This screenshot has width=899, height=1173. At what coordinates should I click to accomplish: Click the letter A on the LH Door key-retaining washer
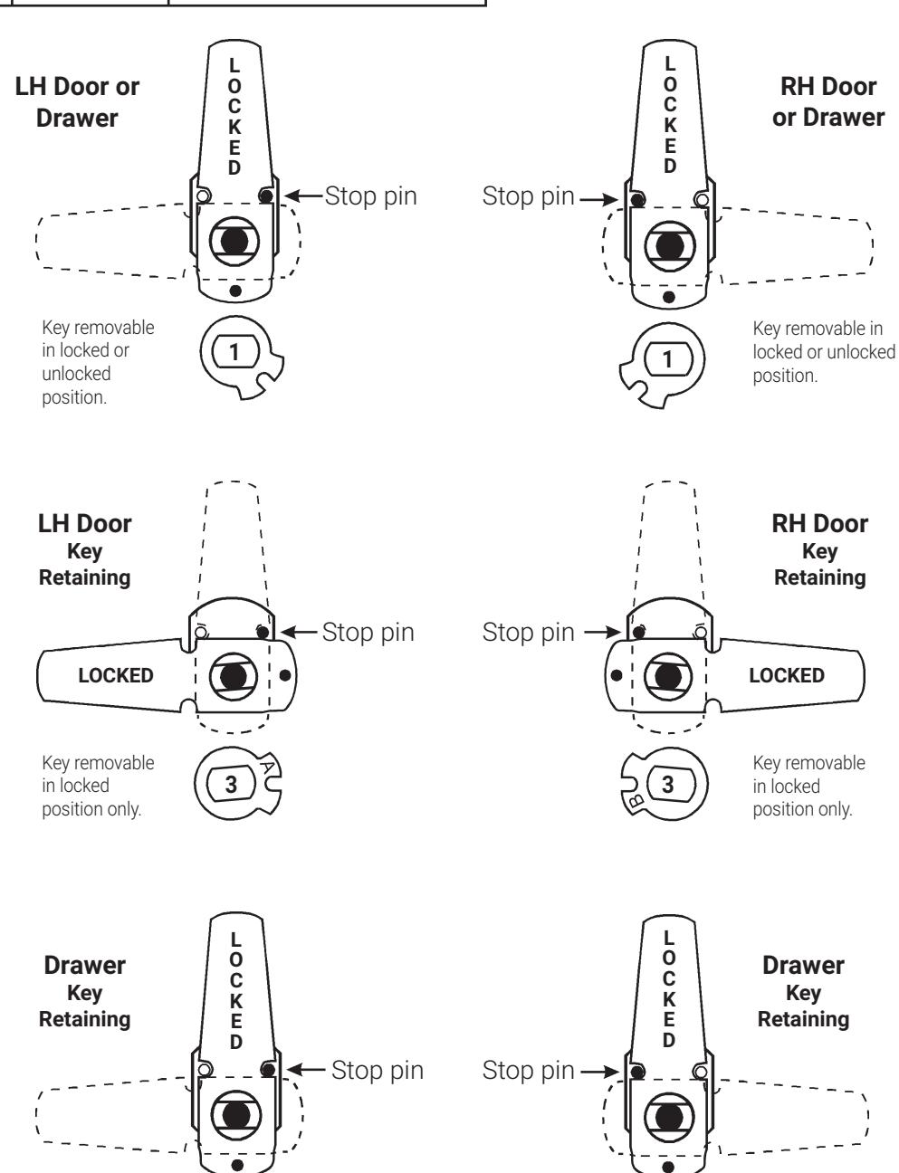click(268, 767)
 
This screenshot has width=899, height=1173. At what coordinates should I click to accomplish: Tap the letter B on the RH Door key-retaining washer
click(636, 800)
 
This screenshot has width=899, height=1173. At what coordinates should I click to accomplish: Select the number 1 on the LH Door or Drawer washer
click(234, 352)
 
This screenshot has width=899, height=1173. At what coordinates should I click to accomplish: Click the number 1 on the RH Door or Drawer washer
click(668, 359)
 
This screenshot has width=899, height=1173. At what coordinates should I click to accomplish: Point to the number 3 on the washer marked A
click(231, 785)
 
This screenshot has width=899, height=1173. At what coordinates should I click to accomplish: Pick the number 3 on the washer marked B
click(668, 785)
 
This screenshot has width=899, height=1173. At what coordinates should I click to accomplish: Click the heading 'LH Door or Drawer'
click(77, 102)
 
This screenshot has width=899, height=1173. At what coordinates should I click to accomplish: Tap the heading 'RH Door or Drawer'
click(828, 102)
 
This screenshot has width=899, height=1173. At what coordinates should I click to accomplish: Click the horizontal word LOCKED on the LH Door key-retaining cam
click(116, 675)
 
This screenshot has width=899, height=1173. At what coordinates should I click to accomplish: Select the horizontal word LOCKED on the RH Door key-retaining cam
click(787, 675)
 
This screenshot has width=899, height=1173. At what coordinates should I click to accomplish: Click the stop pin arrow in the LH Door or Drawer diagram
click(303, 195)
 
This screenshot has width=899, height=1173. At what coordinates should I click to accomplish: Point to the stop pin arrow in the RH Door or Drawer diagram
click(598, 199)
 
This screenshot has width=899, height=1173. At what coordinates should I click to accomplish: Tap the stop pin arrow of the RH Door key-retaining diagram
click(603, 632)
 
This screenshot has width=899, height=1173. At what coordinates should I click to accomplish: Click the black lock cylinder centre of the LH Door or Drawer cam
click(234, 242)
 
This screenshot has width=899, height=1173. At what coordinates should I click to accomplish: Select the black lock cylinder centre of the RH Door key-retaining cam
click(668, 676)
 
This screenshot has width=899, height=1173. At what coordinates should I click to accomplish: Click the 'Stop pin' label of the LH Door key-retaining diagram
click(368, 632)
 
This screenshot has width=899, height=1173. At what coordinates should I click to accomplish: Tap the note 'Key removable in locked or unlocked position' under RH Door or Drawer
click(824, 352)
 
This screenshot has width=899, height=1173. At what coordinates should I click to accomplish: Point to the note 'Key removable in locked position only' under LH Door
click(98, 786)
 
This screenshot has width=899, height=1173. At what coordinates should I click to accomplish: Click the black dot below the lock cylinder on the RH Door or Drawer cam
click(668, 297)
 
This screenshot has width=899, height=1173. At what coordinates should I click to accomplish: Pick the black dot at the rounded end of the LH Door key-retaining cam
click(285, 675)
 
